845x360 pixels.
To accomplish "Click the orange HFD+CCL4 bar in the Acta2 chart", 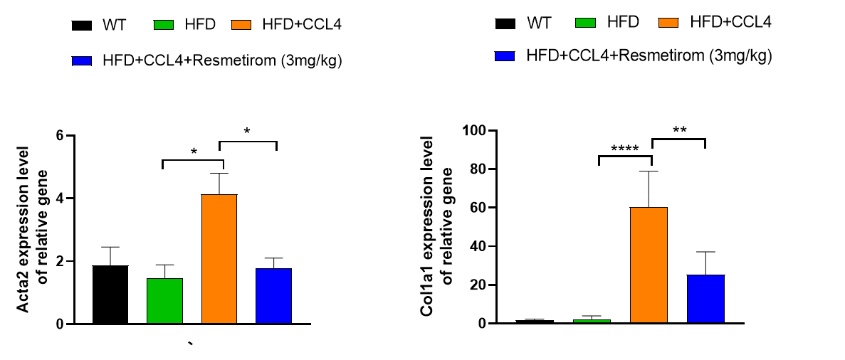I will (x=219, y=259).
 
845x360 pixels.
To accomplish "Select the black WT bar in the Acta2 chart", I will (x=110, y=295).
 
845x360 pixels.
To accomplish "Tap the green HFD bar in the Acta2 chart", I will (x=165, y=301).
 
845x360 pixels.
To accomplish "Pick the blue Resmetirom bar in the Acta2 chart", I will (x=274, y=296).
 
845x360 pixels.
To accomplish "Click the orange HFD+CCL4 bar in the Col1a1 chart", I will (x=649, y=265).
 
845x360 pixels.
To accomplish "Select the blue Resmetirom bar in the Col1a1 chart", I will (x=705, y=299).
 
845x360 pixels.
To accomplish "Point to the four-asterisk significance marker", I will (x=624, y=149).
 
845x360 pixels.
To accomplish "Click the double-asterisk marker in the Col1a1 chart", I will (x=678, y=130).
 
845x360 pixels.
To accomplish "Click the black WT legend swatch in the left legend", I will (x=83, y=26).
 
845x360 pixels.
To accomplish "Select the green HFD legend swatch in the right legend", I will (x=585, y=23).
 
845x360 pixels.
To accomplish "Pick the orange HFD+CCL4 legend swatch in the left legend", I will (x=242, y=26).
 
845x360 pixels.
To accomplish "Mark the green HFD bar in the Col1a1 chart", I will (x=592, y=321).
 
